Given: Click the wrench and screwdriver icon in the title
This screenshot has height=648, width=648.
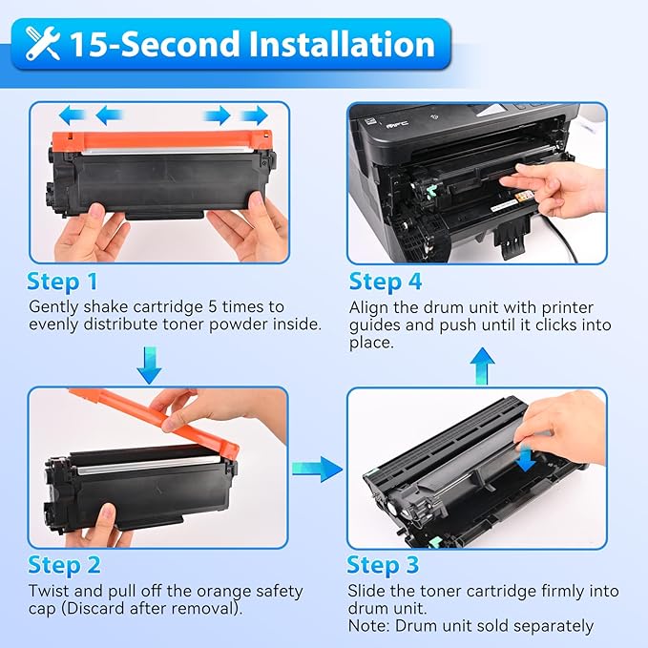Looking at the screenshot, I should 43,45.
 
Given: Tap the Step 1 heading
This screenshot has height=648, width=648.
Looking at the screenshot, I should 63,282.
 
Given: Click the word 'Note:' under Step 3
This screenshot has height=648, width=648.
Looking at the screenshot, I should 369,626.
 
